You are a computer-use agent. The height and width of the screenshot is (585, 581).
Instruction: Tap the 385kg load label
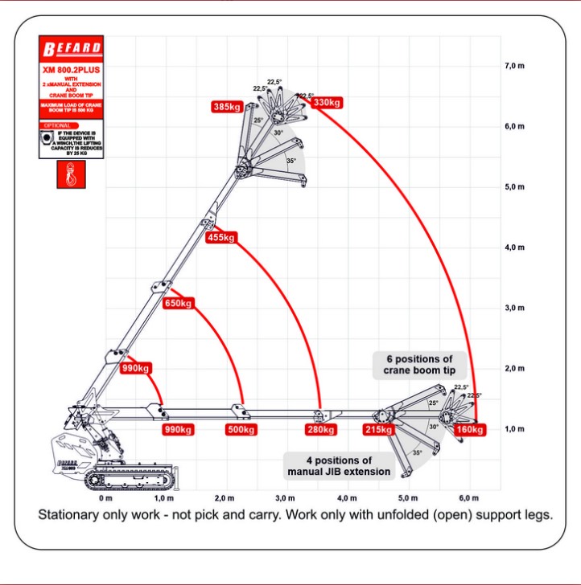coord(228,106)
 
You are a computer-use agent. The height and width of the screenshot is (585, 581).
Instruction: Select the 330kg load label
coord(326,103)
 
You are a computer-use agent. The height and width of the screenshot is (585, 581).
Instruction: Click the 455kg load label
coord(220,237)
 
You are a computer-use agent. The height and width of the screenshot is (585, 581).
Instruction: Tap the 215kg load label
coord(378,430)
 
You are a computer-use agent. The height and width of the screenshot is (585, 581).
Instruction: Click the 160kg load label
coord(469,430)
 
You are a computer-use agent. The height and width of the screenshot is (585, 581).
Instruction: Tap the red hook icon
coord(68,175)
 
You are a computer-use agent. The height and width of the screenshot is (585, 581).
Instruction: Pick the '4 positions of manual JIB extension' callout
coord(339,465)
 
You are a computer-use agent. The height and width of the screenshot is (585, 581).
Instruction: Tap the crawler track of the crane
coord(133,480)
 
